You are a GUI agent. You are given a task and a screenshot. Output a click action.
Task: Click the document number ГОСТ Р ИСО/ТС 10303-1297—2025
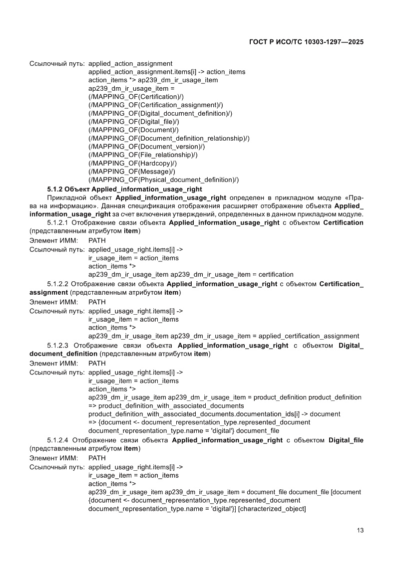306,42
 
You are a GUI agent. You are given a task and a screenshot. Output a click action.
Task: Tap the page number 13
360,530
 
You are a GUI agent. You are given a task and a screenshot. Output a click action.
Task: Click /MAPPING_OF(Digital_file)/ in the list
133,121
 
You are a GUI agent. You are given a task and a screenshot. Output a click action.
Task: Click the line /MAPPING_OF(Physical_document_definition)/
163,180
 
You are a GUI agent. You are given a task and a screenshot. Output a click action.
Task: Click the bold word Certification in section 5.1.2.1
343,222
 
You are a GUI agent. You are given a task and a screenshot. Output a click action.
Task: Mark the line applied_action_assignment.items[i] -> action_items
167,72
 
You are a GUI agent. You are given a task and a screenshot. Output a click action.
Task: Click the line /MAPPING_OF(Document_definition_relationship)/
169,138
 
